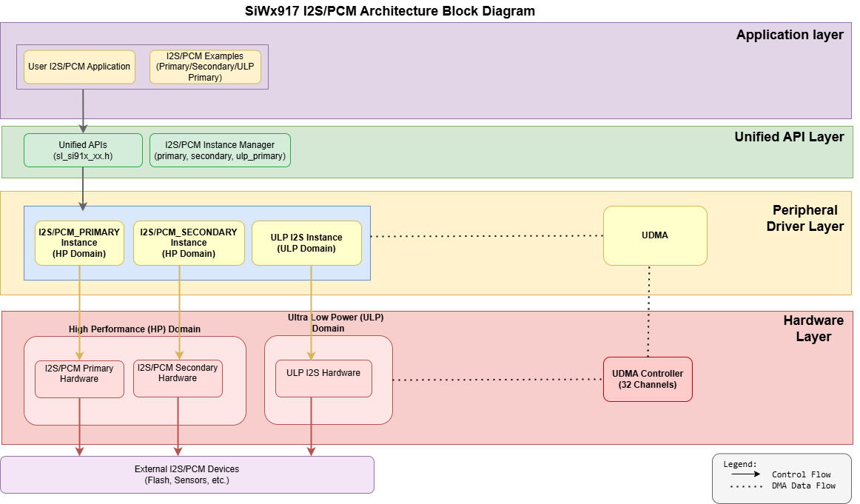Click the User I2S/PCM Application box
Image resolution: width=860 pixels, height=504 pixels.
(x=79, y=67)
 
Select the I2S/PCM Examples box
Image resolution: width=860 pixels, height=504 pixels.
(x=205, y=67)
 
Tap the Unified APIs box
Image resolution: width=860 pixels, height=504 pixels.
(x=83, y=150)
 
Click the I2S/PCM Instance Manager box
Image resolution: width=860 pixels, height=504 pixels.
(x=220, y=150)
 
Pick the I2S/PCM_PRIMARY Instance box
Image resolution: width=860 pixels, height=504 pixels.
(x=79, y=243)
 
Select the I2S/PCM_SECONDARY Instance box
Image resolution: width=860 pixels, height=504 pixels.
(x=189, y=243)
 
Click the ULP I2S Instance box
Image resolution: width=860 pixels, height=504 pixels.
(x=306, y=243)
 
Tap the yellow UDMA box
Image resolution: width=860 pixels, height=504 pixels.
(x=655, y=235)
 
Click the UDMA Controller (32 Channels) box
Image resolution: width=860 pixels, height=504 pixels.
(x=648, y=379)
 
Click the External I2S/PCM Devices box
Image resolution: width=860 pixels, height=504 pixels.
(x=187, y=474)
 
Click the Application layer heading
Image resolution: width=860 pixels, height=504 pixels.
(x=790, y=35)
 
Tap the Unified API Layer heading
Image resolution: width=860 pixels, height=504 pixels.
(x=789, y=137)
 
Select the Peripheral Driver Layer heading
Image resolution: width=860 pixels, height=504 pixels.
(x=805, y=218)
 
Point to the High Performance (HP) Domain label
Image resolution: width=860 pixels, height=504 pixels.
(x=135, y=329)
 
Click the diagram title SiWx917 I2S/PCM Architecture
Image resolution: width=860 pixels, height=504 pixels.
(x=389, y=11)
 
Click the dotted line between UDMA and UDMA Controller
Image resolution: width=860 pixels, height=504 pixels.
(x=649, y=311)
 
